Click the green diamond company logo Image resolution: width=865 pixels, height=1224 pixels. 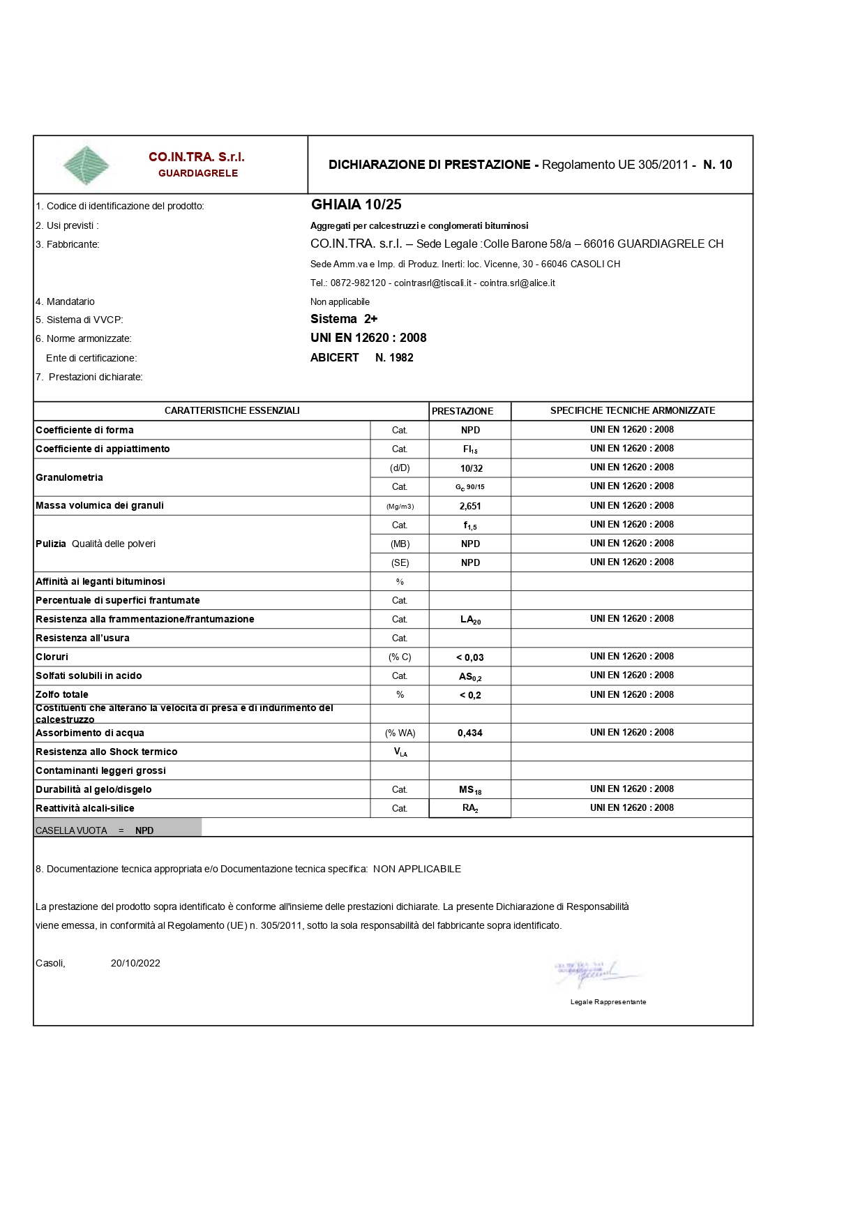pyautogui.click(x=86, y=165)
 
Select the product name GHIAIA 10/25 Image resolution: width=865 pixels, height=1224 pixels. pyautogui.click(x=356, y=205)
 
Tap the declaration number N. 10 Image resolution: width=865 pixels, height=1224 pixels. pyautogui.click(x=717, y=165)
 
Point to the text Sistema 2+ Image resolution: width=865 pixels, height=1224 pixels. pyautogui.click(x=344, y=320)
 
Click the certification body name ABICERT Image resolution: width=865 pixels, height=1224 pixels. pyautogui.click(x=335, y=358)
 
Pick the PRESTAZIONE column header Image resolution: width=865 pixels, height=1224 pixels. pyautogui.click(x=462, y=411)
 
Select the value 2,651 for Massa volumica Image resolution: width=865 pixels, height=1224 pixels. pyautogui.click(x=470, y=506)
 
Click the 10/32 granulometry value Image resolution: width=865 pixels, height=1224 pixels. pyautogui.click(x=471, y=468)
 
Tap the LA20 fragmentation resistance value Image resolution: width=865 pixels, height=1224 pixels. pyautogui.click(x=470, y=620)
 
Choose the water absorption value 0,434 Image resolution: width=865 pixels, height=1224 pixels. pyautogui.click(x=469, y=733)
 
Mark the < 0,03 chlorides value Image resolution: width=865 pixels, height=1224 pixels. pyautogui.click(x=469, y=657)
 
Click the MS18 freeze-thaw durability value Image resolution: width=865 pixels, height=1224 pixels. pyautogui.click(x=470, y=790)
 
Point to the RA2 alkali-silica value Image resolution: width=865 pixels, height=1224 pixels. pyautogui.click(x=470, y=808)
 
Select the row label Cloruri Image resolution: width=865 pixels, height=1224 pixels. pyautogui.click(x=52, y=657)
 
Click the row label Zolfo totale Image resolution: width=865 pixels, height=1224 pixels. pyautogui.click(x=62, y=695)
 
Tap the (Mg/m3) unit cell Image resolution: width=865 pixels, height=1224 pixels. pyautogui.click(x=400, y=506)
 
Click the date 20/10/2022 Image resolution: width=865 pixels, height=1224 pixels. pyautogui.click(x=135, y=964)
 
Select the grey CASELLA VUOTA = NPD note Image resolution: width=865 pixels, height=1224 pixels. pyautogui.click(x=117, y=830)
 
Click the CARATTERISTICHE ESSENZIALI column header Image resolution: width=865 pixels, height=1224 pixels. pyautogui.click(x=232, y=411)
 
